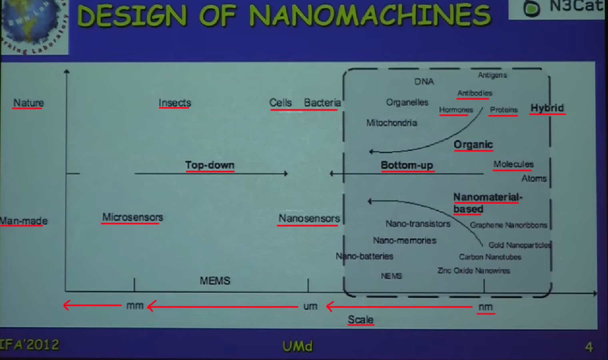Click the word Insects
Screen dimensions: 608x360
[x=175, y=103]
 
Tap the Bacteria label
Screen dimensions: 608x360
[x=322, y=103]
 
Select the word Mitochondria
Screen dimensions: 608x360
[x=392, y=123]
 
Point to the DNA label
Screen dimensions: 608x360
[x=424, y=82]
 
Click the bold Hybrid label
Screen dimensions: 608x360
[x=547, y=108]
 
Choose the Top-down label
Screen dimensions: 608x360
[x=210, y=165]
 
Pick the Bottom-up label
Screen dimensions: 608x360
[x=407, y=165]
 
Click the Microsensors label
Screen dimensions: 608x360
[x=132, y=217]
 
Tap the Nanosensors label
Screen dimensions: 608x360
[x=309, y=218]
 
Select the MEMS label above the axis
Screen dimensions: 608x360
[x=215, y=281]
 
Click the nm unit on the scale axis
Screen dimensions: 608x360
[x=486, y=307]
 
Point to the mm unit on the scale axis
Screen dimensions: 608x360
[x=135, y=306]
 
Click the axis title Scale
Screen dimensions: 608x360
[x=360, y=320]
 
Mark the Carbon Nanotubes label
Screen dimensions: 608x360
[x=490, y=257]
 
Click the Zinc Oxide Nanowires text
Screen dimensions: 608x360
[x=474, y=271]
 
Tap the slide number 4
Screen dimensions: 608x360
[x=589, y=347]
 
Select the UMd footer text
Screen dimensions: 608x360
[x=297, y=346]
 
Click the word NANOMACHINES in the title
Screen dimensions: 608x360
[x=370, y=15]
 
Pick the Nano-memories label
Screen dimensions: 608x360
[x=404, y=240]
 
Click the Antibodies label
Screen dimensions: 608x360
[x=475, y=93]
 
